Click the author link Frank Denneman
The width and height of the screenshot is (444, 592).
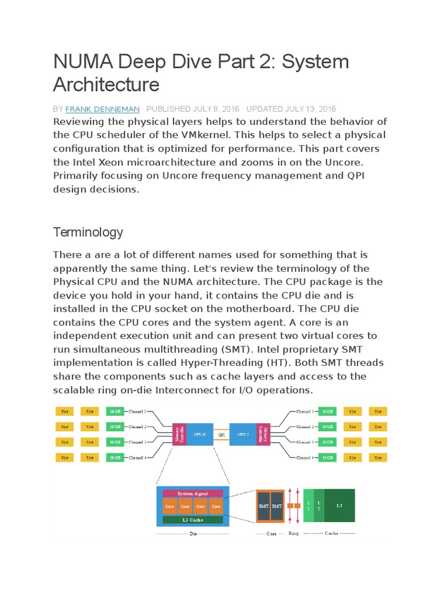click(102, 109)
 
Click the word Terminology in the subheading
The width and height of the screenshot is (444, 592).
click(88, 232)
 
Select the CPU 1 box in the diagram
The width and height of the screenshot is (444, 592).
click(244, 434)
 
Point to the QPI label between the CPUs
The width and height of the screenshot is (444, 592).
click(221, 434)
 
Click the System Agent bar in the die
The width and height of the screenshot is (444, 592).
click(193, 494)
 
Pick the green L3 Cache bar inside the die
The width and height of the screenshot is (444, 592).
click(193, 520)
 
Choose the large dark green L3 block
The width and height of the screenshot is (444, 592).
click(339, 505)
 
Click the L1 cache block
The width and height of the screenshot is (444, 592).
click(308, 505)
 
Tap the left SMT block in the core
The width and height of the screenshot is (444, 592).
click(263, 506)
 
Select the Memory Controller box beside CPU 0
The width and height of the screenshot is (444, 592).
click(182, 434)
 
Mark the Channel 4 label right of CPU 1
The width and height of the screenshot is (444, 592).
click(305, 457)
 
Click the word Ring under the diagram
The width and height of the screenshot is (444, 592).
click(294, 534)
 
